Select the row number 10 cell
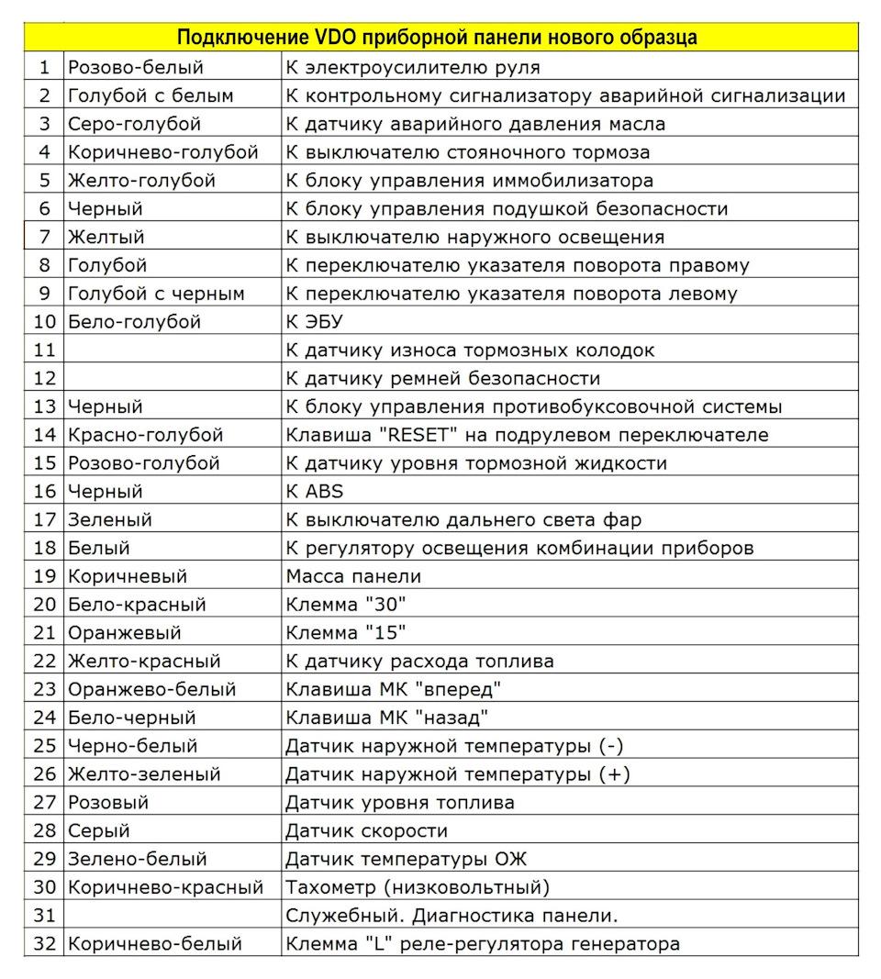(x=44, y=322)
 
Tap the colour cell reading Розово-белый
(x=135, y=67)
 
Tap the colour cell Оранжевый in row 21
(x=125, y=633)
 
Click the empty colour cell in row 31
(x=172, y=916)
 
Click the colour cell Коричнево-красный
(x=165, y=887)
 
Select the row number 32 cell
(x=44, y=943)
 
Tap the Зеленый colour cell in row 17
(x=110, y=519)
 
